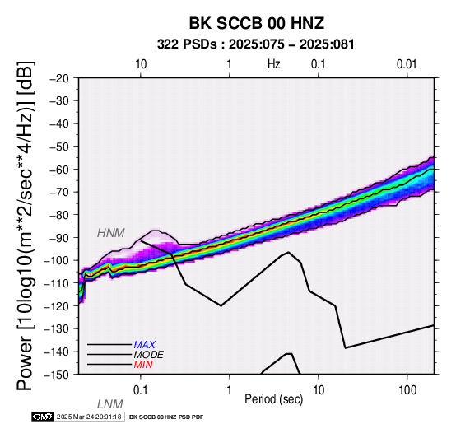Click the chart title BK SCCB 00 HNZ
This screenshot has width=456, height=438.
(257, 23)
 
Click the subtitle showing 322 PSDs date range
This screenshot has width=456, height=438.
(256, 44)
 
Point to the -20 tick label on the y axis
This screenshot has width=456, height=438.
(59, 78)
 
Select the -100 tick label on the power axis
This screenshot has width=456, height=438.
(56, 260)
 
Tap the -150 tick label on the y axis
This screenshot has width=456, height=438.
(56, 375)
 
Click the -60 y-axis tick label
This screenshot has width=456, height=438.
(59, 169)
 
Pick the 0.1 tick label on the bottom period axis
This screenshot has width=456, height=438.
(141, 390)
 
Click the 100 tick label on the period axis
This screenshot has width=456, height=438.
(407, 390)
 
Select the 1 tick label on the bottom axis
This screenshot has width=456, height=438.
(230, 390)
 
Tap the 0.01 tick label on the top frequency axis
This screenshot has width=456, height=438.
(407, 64)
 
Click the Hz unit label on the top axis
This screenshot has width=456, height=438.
(274, 64)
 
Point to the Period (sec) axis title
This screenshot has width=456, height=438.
(273, 399)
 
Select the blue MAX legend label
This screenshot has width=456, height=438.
(145, 345)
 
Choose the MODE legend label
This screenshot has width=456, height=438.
(149, 355)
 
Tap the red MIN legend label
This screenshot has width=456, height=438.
(143, 365)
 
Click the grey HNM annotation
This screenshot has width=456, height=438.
(111, 233)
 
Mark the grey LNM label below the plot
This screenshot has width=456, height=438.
(110, 404)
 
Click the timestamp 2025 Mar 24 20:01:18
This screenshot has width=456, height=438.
(89, 417)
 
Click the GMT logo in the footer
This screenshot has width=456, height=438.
(43, 417)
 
